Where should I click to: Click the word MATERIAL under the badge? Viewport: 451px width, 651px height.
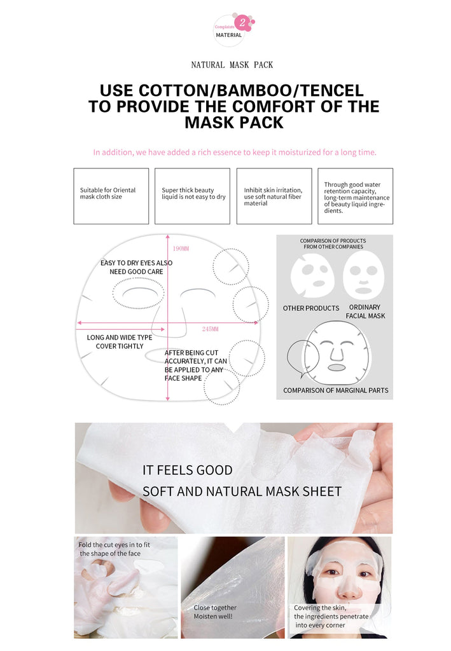coord(229,36)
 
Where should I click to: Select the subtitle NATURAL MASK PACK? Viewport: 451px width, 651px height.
coord(232,65)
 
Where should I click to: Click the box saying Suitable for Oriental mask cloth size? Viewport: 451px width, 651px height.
coord(111,196)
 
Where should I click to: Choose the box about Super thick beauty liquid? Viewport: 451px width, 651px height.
coord(192,196)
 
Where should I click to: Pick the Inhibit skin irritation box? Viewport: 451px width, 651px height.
coord(274,196)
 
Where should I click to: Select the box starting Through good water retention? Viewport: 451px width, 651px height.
coord(355,196)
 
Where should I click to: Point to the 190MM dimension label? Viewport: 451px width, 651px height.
coord(181,249)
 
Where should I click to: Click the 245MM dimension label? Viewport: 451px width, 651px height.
coord(210,329)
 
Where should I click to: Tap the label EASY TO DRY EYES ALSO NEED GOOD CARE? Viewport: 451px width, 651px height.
coord(136,268)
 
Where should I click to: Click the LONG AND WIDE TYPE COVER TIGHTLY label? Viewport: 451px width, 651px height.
coord(120,341)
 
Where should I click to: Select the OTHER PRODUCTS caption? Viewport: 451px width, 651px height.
coord(311,308)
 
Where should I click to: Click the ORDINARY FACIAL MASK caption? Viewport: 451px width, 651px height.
coord(365,312)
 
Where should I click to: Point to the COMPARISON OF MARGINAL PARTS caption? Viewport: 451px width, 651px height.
coord(336,390)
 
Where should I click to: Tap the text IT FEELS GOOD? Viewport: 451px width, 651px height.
coord(187,470)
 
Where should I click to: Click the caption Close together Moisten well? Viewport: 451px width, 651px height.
coord(215,612)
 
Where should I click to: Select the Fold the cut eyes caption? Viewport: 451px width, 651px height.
coord(114,549)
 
